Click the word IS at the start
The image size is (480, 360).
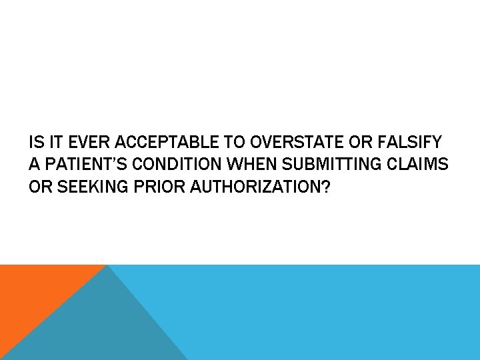coord(35,143)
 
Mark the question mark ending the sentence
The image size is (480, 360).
coord(325,187)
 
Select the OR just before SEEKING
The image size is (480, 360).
coord(39,187)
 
